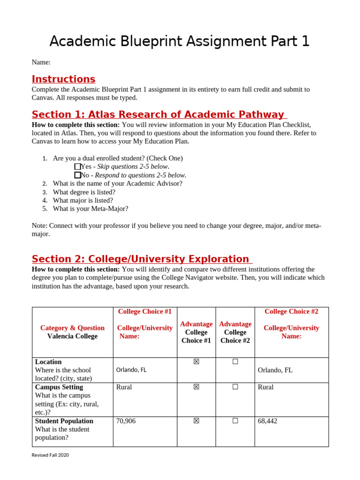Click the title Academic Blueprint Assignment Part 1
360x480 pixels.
[x=180, y=41]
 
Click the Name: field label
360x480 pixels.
[x=41, y=62]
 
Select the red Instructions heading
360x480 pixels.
[x=63, y=79]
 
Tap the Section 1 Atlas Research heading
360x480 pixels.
[x=158, y=114]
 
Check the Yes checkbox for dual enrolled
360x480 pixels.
[x=77, y=166]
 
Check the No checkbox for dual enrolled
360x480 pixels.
[x=77, y=175]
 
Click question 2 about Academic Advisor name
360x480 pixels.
[x=117, y=183]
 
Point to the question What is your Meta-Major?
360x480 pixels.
[x=90, y=209]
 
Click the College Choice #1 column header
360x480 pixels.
[x=145, y=311]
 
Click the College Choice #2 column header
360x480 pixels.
[x=291, y=311]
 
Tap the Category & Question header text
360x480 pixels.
[x=72, y=328]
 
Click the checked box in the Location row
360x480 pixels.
[x=196, y=361]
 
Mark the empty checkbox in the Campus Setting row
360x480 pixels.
[x=235, y=387]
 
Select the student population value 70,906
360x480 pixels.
[x=126, y=421]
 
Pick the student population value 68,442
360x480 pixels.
[x=268, y=421]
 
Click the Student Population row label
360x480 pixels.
[x=64, y=421]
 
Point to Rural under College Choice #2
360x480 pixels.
[x=266, y=387]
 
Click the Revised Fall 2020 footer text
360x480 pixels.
[x=50, y=455]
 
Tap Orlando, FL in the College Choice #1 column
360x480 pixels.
[x=131, y=370]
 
